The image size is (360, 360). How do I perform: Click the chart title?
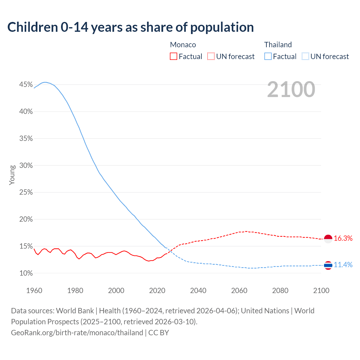click(130, 27)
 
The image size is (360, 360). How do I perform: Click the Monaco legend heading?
click(183, 45)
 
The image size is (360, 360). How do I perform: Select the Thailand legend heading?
click(278, 45)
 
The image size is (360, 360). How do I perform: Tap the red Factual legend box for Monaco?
click(174, 57)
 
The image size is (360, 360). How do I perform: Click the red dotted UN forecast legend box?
click(211, 57)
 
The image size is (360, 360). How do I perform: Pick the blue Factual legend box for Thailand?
click(268, 57)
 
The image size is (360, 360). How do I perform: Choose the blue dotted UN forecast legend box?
click(305, 57)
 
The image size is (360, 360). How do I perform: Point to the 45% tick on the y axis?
click(26, 85)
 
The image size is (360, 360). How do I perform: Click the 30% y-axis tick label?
click(26, 165)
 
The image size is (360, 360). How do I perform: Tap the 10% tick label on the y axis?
click(26, 273)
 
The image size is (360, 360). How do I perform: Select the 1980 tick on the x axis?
click(75, 291)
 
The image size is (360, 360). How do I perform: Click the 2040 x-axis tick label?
click(198, 291)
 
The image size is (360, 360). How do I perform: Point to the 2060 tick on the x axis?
click(239, 291)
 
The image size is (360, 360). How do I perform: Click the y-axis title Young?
click(12, 175)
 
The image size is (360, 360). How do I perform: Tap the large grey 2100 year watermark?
click(291, 89)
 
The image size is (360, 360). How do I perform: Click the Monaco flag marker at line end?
click(328, 239)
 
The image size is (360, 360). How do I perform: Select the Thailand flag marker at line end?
click(328, 265)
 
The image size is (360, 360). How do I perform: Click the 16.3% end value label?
click(343, 238)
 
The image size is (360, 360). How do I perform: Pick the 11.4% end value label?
click(343, 265)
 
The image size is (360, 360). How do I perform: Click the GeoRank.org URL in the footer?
click(77, 333)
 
